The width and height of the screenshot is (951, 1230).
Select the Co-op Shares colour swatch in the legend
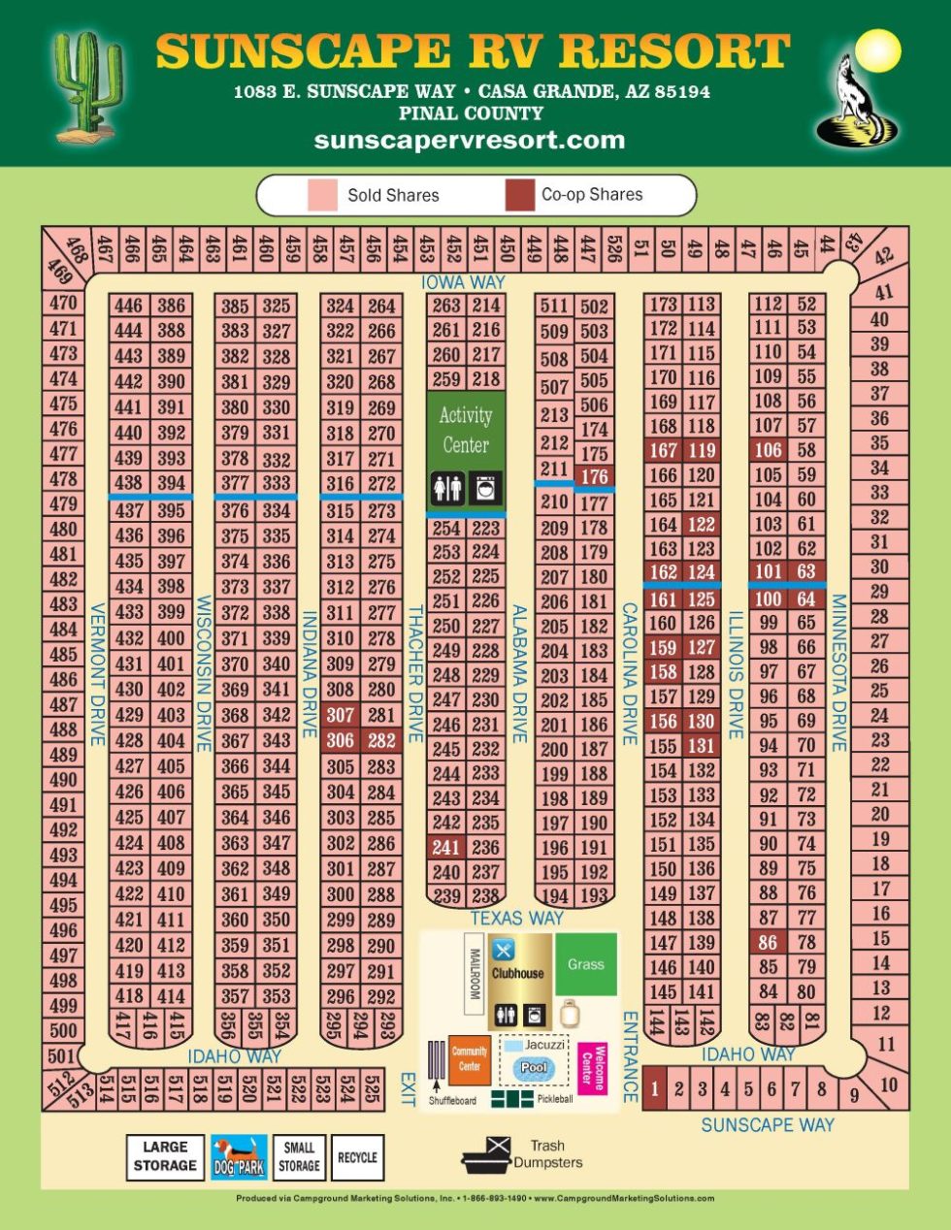click(x=520, y=195)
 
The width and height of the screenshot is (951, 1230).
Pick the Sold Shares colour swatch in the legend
click(x=322, y=195)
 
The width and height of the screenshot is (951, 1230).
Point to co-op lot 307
click(x=341, y=715)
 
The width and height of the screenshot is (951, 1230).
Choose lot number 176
click(x=594, y=476)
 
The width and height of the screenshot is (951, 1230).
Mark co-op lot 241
click(x=445, y=847)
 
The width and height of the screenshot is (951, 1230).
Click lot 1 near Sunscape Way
click(x=654, y=1088)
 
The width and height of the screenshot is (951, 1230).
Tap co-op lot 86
click(x=768, y=942)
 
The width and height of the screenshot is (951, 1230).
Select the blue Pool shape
click(x=534, y=1068)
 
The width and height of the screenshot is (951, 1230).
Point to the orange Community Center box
click(x=470, y=1059)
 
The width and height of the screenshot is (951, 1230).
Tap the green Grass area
click(x=586, y=964)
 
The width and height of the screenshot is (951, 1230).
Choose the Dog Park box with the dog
click(x=239, y=1157)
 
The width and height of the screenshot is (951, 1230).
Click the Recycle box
click(x=357, y=1157)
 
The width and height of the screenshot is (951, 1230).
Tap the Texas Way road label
click(x=516, y=918)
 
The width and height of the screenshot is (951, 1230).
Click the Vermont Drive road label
click(x=97, y=674)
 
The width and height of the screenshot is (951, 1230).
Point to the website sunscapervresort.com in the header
click(x=470, y=140)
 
